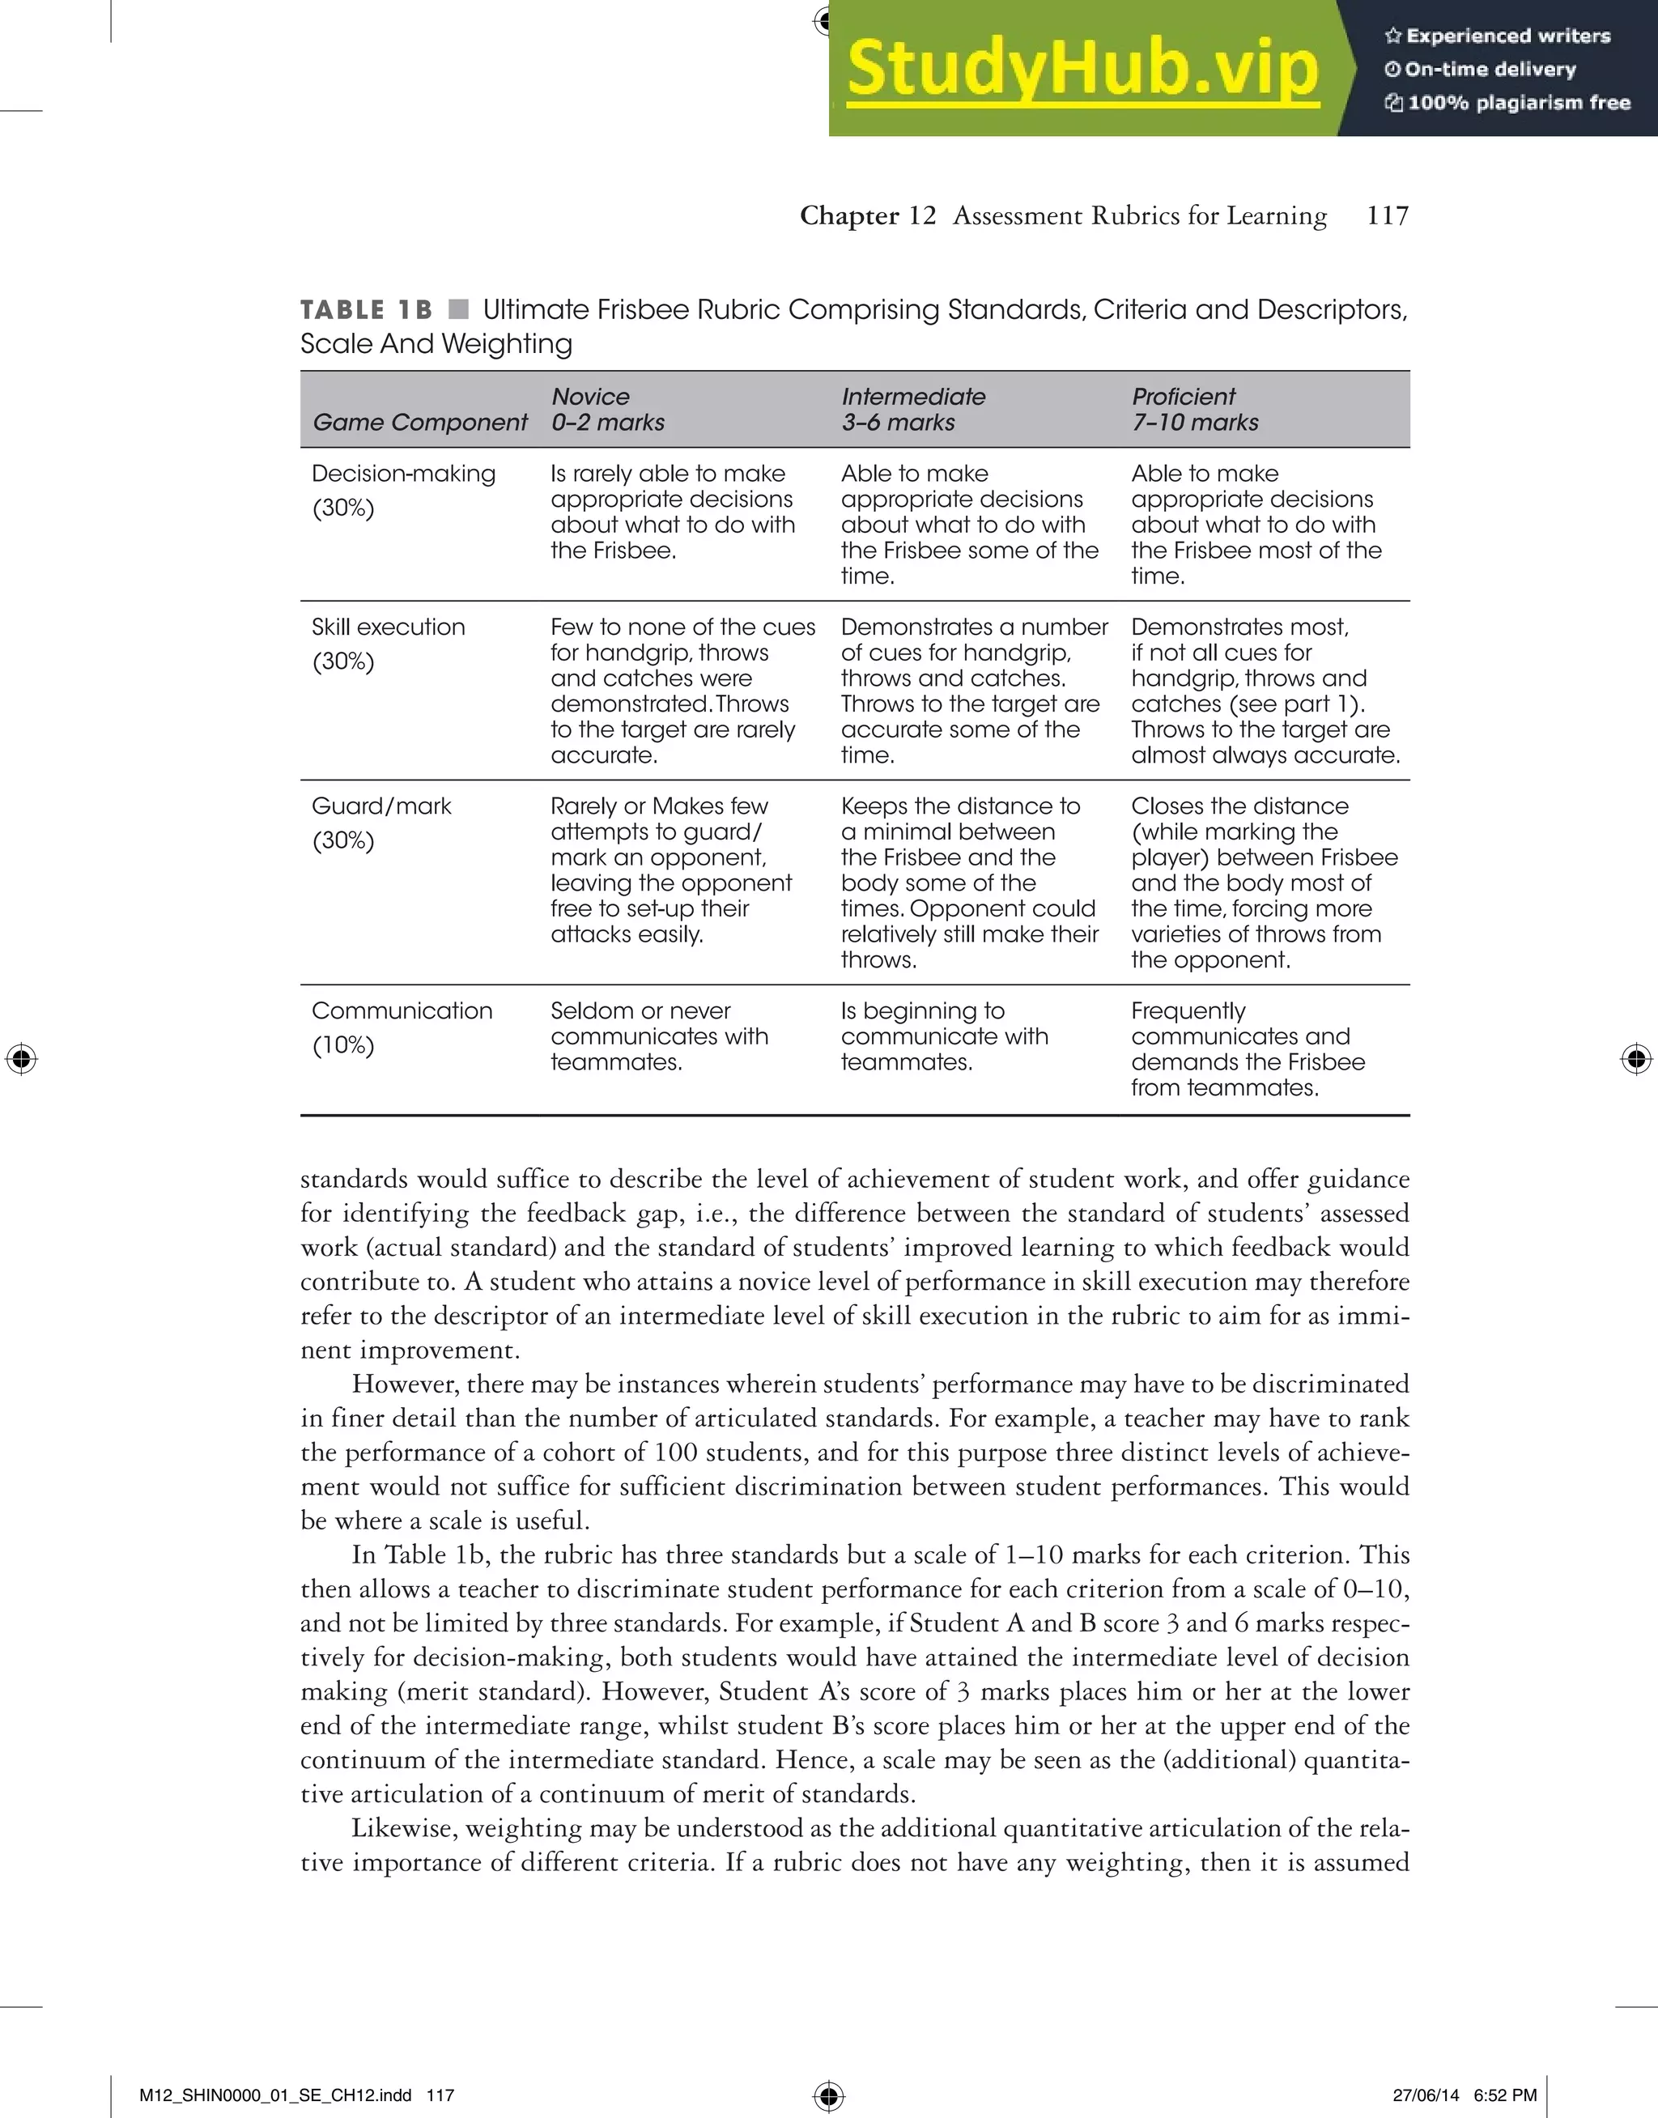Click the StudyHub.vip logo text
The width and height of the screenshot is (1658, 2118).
coord(1082,68)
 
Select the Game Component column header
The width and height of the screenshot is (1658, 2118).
coord(419,423)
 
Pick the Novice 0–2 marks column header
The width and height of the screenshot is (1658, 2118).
coord(608,410)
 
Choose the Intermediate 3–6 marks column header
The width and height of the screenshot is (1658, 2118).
coord(912,410)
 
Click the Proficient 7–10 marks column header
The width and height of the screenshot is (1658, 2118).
coord(1194,410)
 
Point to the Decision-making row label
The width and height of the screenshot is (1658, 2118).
coord(403,474)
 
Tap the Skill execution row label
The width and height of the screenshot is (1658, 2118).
coord(389,627)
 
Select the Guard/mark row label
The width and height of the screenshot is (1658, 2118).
coord(381,806)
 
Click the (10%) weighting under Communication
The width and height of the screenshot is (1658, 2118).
coord(342,1045)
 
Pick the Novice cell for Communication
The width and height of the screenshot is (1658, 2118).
coord(659,1036)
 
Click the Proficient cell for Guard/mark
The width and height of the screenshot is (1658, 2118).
coord(1264,882)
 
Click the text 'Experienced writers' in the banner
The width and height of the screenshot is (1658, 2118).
coord(1507,36)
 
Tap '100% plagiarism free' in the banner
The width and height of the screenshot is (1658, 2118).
coord(1518,103)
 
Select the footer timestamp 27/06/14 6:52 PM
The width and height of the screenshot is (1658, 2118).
coord(1465,2095)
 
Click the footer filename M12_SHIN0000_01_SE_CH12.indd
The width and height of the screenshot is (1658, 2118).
coord(274,2095)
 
